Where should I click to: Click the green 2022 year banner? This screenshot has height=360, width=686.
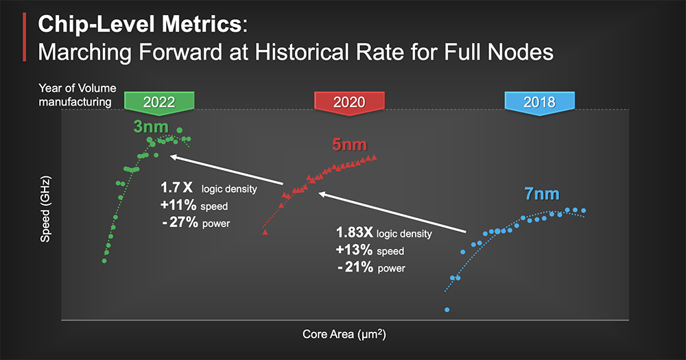click(159, 103)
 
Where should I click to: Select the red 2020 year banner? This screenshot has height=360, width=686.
click(349, 103)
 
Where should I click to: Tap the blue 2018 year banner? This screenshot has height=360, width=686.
click(539, 103)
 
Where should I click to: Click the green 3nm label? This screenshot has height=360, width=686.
click(151, 127)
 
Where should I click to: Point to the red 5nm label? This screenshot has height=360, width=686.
click(349, 145)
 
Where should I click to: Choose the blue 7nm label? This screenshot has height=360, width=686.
click(542, 194)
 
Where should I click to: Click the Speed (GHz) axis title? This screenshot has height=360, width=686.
click(45, 209)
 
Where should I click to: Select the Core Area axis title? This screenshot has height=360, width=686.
click(344, 334)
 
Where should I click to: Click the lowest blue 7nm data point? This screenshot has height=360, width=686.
click(447, 310)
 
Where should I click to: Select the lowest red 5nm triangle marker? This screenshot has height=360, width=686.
click(265, 232)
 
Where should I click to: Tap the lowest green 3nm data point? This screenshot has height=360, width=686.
click(104, 261)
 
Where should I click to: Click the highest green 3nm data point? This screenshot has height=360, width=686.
click(179, 130)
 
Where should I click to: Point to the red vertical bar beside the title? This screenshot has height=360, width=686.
click(25, 37)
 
